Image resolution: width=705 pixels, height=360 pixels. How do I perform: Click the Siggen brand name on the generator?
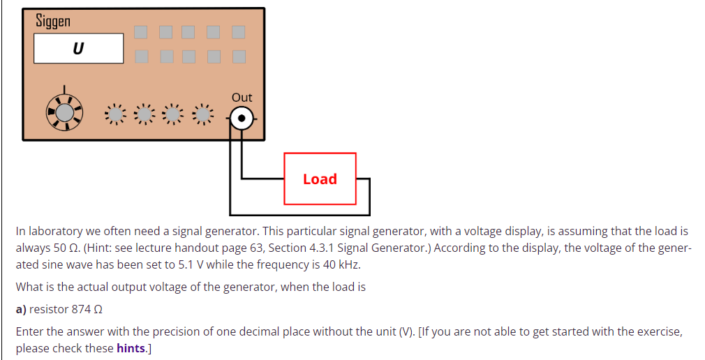[x=53, y=22]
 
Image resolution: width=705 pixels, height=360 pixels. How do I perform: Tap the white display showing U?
[x=78, y=49]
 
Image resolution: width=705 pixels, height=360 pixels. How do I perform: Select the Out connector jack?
[x=242, y=119]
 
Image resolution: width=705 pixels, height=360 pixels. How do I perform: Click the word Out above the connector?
[x=242, y=98]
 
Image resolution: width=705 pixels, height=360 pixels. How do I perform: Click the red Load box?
[x=320, y=179]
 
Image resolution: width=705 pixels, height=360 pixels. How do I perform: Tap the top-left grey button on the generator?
[x=141, y=32]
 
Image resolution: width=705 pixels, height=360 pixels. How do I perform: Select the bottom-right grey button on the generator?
[x=239, y=56]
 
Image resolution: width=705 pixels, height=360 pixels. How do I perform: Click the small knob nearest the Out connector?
[x=202, y=114]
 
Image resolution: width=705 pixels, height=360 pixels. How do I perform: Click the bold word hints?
[x=131, y=348]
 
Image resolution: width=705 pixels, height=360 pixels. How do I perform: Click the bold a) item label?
[x=22, y=309]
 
